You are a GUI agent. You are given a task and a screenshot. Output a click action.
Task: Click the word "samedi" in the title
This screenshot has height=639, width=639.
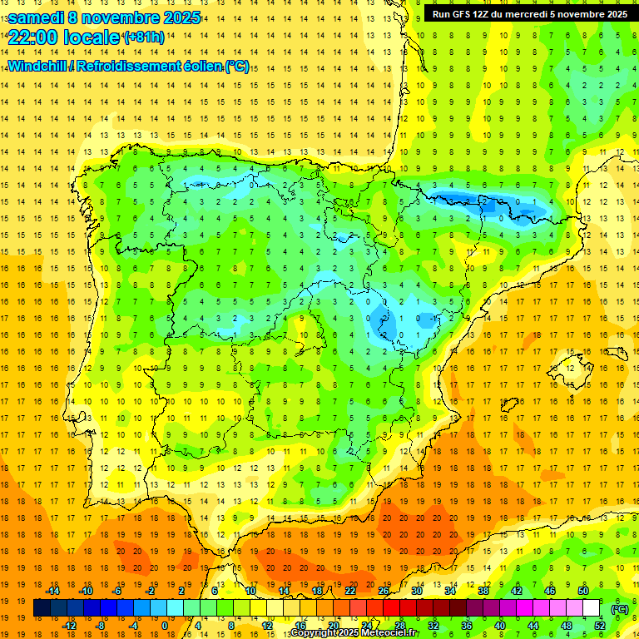coord(36,17)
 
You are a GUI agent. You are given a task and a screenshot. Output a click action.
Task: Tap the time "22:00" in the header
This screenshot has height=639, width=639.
coord(32,37)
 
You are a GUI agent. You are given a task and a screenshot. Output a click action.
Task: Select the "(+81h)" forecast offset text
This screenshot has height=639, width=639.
coord(144,37)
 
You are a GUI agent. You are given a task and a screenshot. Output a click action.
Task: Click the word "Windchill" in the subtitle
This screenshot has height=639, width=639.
coord(36,66)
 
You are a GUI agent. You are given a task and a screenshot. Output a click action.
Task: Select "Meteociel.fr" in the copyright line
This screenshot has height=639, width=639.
coord(384,633)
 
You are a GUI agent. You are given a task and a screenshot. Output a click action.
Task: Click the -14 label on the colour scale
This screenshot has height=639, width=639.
coord(54,591)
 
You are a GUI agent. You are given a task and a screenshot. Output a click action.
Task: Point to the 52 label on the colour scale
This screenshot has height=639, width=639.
coord(600,626)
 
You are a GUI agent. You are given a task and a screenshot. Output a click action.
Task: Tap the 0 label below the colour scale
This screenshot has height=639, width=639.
coord(164,626)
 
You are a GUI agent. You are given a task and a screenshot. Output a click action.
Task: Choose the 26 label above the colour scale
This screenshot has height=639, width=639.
coord(384,591)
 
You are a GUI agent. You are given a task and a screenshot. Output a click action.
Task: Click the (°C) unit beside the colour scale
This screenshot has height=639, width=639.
coord(620,608)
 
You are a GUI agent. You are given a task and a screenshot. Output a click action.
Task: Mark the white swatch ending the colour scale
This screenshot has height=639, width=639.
coord(592,608)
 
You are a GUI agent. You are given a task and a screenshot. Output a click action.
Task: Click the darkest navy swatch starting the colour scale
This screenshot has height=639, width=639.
coord(42,608)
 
